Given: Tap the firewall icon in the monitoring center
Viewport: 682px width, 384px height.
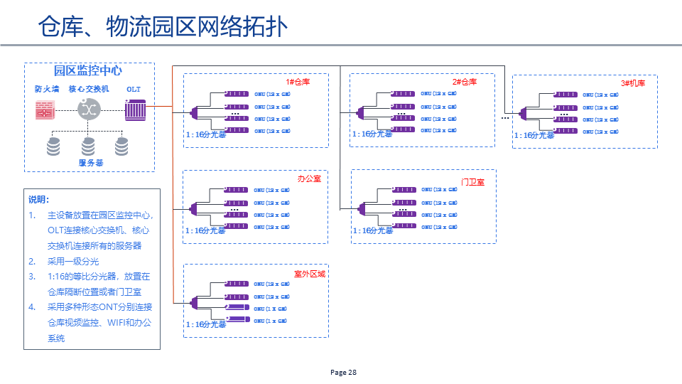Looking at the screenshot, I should tap(45, 110).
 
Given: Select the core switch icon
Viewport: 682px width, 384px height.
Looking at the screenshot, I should tap(88, 110).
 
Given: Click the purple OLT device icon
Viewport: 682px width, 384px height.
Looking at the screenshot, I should tap(135, 110).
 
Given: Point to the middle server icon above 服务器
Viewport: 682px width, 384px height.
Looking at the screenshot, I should tap(88, 146).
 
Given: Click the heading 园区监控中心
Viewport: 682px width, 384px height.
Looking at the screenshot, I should tap(88, 71).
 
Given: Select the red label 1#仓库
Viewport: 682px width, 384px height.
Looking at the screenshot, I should tap(298, 82).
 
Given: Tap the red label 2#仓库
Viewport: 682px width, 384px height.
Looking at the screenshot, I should tap(464, 82).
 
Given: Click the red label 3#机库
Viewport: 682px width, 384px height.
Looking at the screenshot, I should tap(632, 83).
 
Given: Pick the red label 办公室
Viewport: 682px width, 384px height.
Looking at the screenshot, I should tap(309, 178).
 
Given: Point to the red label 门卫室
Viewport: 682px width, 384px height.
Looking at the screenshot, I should tap(472, 182).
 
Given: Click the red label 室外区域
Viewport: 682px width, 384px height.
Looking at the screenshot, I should tap(310, 273).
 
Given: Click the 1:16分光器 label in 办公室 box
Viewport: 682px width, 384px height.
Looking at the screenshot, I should tap(205, 230).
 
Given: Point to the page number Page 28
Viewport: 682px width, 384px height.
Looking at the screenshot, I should tap(344, 373).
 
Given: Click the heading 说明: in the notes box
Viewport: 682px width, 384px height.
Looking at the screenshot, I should tap(38, 200).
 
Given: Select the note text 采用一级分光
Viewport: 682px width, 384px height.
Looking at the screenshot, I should tap(73, 261).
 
